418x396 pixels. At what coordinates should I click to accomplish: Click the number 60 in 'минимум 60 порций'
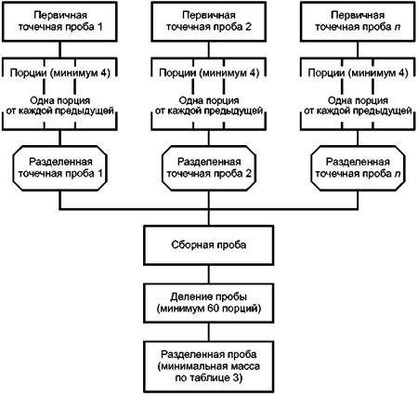(x=209, y=309)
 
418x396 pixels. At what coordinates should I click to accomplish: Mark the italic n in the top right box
(x=398, y=27)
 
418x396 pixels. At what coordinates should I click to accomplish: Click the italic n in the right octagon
(x=398, y=174)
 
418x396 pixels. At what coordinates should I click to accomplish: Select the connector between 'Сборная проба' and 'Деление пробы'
(x=209, y=274)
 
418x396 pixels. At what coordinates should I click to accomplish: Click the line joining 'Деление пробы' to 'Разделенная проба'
(x=209, y=332)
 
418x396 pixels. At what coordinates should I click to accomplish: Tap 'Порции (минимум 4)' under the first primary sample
(x=59, y=73)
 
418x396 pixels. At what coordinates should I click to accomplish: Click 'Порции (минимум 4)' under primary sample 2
(x=209, y=73)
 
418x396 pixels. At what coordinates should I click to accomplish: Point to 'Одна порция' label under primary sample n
(x=358, y=100)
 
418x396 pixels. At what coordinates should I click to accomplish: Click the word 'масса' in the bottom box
(x=245, y=366)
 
